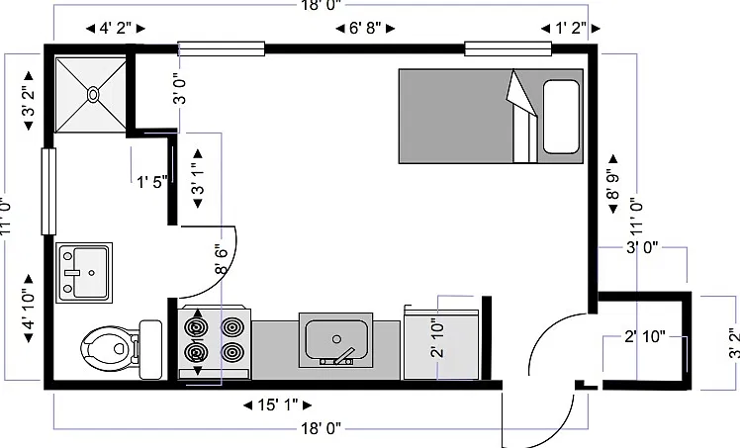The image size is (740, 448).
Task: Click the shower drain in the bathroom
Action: coord(93,95)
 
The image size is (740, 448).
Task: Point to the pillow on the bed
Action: coord(561,117)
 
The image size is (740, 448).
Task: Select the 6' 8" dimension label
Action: coord(365,29)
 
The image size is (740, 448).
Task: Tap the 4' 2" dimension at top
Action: coord(115,29)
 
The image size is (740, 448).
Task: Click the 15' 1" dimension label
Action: coord(277,404)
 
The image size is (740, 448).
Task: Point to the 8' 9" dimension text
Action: coord(612,184)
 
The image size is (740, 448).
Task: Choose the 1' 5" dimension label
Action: coord(152,182)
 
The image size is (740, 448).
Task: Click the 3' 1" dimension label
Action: coord(198,178)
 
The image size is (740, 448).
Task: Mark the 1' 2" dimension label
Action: coord(571,29)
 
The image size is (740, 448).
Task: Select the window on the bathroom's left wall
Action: coord(48,191)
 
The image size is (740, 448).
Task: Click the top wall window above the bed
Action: coord(508,48)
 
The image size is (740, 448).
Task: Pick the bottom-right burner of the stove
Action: coord(231,352)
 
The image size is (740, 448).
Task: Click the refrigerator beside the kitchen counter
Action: coord(442,344)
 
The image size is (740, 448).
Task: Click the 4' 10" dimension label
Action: coord(28,309)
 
